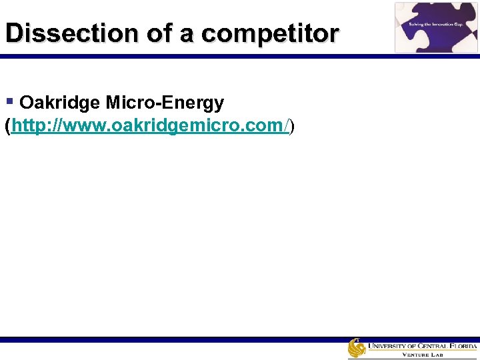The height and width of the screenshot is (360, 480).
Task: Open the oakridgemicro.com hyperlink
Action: point(149,126)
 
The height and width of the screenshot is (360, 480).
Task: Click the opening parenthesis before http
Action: point(7,126)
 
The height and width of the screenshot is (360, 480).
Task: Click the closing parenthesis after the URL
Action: point(291,126)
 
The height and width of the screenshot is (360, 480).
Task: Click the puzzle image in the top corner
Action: point(436,27)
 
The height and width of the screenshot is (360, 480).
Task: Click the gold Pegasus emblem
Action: point(357,347)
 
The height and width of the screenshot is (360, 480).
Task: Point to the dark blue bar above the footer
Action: point(240,339)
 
